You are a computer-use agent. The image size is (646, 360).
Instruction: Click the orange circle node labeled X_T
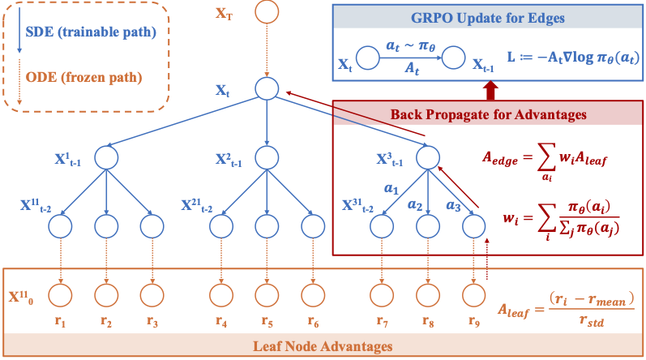[267, 12]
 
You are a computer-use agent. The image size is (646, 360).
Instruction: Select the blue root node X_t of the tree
[267, 88]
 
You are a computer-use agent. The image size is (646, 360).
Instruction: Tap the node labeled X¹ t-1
[107, 157]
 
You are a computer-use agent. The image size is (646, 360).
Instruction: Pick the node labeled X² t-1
[267, 157]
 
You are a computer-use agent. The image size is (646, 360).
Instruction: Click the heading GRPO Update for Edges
[489, 18]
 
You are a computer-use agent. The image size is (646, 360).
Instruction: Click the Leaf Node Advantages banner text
[323, 345]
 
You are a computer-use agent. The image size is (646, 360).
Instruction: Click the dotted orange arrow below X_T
[267, 49]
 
